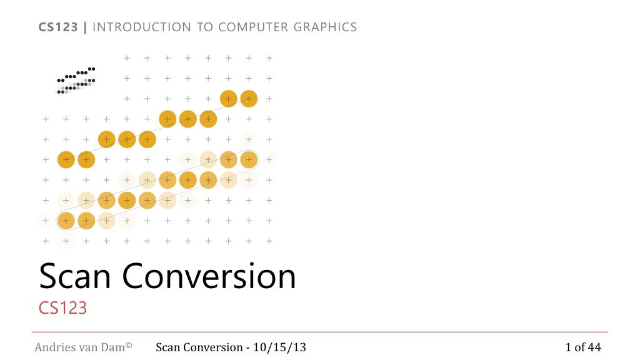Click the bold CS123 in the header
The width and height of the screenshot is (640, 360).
59,27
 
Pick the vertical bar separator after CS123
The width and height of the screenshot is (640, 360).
86,27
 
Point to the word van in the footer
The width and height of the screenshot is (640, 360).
87,347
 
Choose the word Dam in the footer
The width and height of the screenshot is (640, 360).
114,347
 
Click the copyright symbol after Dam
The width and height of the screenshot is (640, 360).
129,344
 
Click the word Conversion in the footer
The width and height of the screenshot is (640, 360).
213,347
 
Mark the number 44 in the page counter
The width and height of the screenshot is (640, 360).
594,347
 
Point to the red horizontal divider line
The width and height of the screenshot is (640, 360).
319,332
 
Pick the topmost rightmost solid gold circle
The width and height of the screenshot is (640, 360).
249,99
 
